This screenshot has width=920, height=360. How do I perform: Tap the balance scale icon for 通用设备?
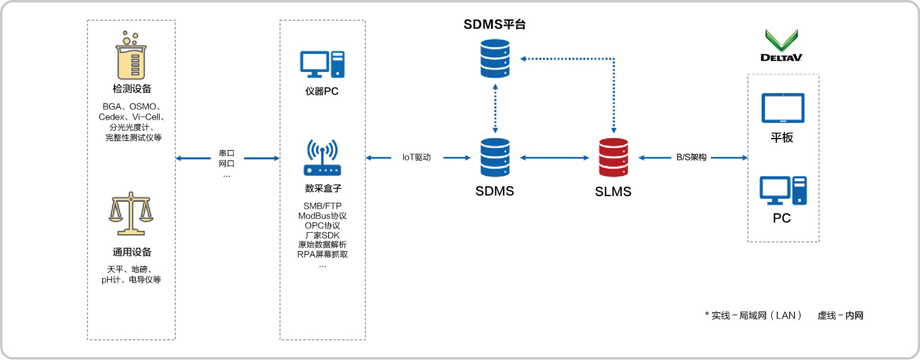pyautogui.click(x=131, y=214)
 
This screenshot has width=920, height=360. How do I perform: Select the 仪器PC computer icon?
pyautogui.click(x=322, y=64)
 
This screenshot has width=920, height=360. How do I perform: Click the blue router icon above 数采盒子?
pyautogui.click(x=322, y=158)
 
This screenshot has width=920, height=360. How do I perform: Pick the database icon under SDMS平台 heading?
pyautogui.click(x=495, y=58)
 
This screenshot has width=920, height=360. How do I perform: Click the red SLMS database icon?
pyautogui.click(x=614, y=158)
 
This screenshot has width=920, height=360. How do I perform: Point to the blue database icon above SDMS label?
pyautogui.click(x=495, y=158)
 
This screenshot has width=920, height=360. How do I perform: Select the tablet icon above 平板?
pyautogui.click(x=783, y=108)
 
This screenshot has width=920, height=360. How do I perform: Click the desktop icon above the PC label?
pyautogui.click(x=783, y=191)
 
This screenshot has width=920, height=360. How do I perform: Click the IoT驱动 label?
pyautogui.click(x=416, y=158)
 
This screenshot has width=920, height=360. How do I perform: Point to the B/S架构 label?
pyautogui.click(x=691, y=158)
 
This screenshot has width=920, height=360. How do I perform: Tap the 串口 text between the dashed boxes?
pyautogui.click(x=227, y=153)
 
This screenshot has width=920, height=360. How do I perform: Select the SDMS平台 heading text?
pyautogui.click(x=494, y=24)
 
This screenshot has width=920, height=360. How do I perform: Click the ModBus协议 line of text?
pyautogui.click(x=322, y=216)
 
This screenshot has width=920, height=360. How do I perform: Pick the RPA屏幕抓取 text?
pyautogui.click(x=322, y=254)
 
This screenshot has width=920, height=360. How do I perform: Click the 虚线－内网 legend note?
pyautogui.click(x=840, y=315)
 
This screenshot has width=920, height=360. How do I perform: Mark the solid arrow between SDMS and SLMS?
pyautogui.click(x=554, y=158)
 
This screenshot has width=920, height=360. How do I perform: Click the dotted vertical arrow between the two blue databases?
pyautogui.click(x=495, y=109)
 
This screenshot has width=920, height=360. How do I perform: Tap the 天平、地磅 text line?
pyautogui.click(x=129, y=269)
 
